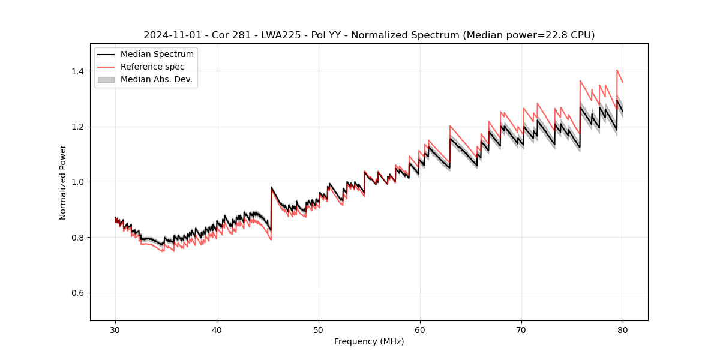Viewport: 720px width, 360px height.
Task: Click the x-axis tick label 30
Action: [115, 329]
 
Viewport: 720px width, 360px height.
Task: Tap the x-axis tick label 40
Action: [217, 329]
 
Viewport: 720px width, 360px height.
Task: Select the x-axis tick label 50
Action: [318, 329]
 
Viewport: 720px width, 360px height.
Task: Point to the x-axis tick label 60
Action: [419, 329]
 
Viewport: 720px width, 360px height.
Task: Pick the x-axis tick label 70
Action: [521, 329]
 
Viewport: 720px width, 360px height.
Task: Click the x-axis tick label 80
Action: [623, 329]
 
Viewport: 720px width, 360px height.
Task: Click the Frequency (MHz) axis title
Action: [369, 341]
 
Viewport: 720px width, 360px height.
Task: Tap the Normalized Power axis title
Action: [63, 182]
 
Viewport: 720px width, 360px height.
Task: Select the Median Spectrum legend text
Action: [157, 55]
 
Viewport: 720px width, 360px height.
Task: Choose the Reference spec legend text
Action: [152, 67]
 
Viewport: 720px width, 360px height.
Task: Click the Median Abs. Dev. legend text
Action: [157, 79]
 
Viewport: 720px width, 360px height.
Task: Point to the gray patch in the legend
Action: [106, 79]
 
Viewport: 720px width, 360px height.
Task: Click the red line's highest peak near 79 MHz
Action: [617, 70]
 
